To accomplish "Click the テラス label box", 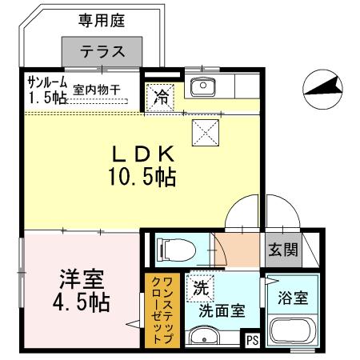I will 102,52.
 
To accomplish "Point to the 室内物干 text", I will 97,90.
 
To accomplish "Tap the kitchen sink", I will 202,85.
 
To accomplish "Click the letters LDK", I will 144,153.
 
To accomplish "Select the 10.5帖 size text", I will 144,177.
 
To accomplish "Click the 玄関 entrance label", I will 282,249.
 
